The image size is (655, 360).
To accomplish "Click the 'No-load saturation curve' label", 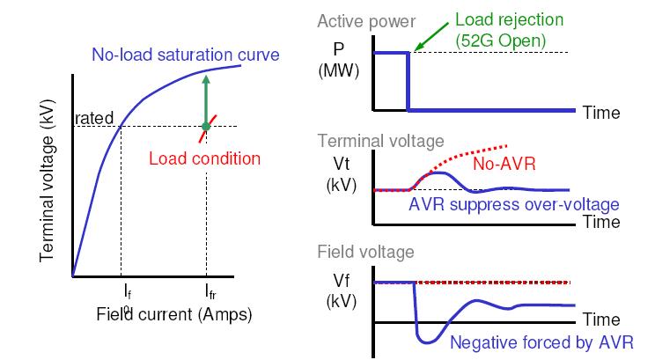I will (186, 55).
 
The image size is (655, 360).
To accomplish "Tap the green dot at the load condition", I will (205, 127).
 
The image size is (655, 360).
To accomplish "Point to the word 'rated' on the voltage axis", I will (92, 118).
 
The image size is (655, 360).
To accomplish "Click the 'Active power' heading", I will (357, 20).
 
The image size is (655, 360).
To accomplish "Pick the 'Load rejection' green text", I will (508, 20).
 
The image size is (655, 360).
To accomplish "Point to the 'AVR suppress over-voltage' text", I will (514, 204).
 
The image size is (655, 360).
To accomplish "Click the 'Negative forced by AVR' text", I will (541, 342).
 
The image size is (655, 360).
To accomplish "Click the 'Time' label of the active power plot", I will (601, 113).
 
